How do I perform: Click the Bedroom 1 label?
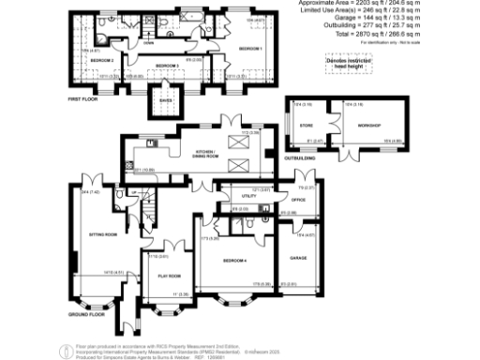click(x=248, y=48)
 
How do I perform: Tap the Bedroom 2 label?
click(x=101, y=59)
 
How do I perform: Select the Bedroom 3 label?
click(x=166, y=65)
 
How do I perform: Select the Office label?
click(x=298, y=200)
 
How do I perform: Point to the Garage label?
click(x=299, y=257)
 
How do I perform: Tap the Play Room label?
click(x=168, y=276)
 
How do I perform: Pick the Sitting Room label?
click(x=102, y=233)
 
